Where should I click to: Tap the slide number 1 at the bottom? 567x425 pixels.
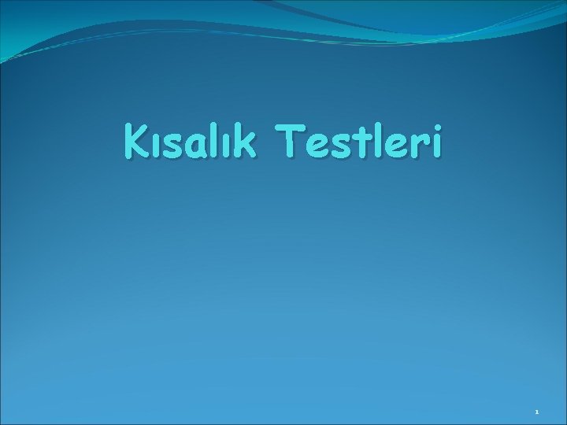(536, 410)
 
